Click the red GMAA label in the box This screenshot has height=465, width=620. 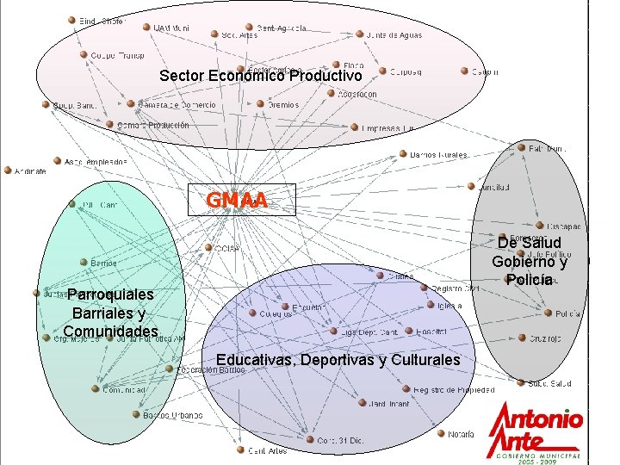[x=237, y=201]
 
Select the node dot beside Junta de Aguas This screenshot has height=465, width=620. [x=360, y=35]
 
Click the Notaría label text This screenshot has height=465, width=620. [x=461, y=435]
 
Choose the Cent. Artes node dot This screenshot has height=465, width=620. [x=240, y=449]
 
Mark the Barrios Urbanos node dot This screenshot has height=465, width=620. [x=135, y=414]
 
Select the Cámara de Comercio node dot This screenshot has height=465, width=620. [x=130, y=105]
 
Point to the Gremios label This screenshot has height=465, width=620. [x=283, y=105]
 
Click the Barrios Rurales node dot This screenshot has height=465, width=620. [x=403, y=155]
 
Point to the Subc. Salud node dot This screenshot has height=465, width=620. [x=520, y=383]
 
